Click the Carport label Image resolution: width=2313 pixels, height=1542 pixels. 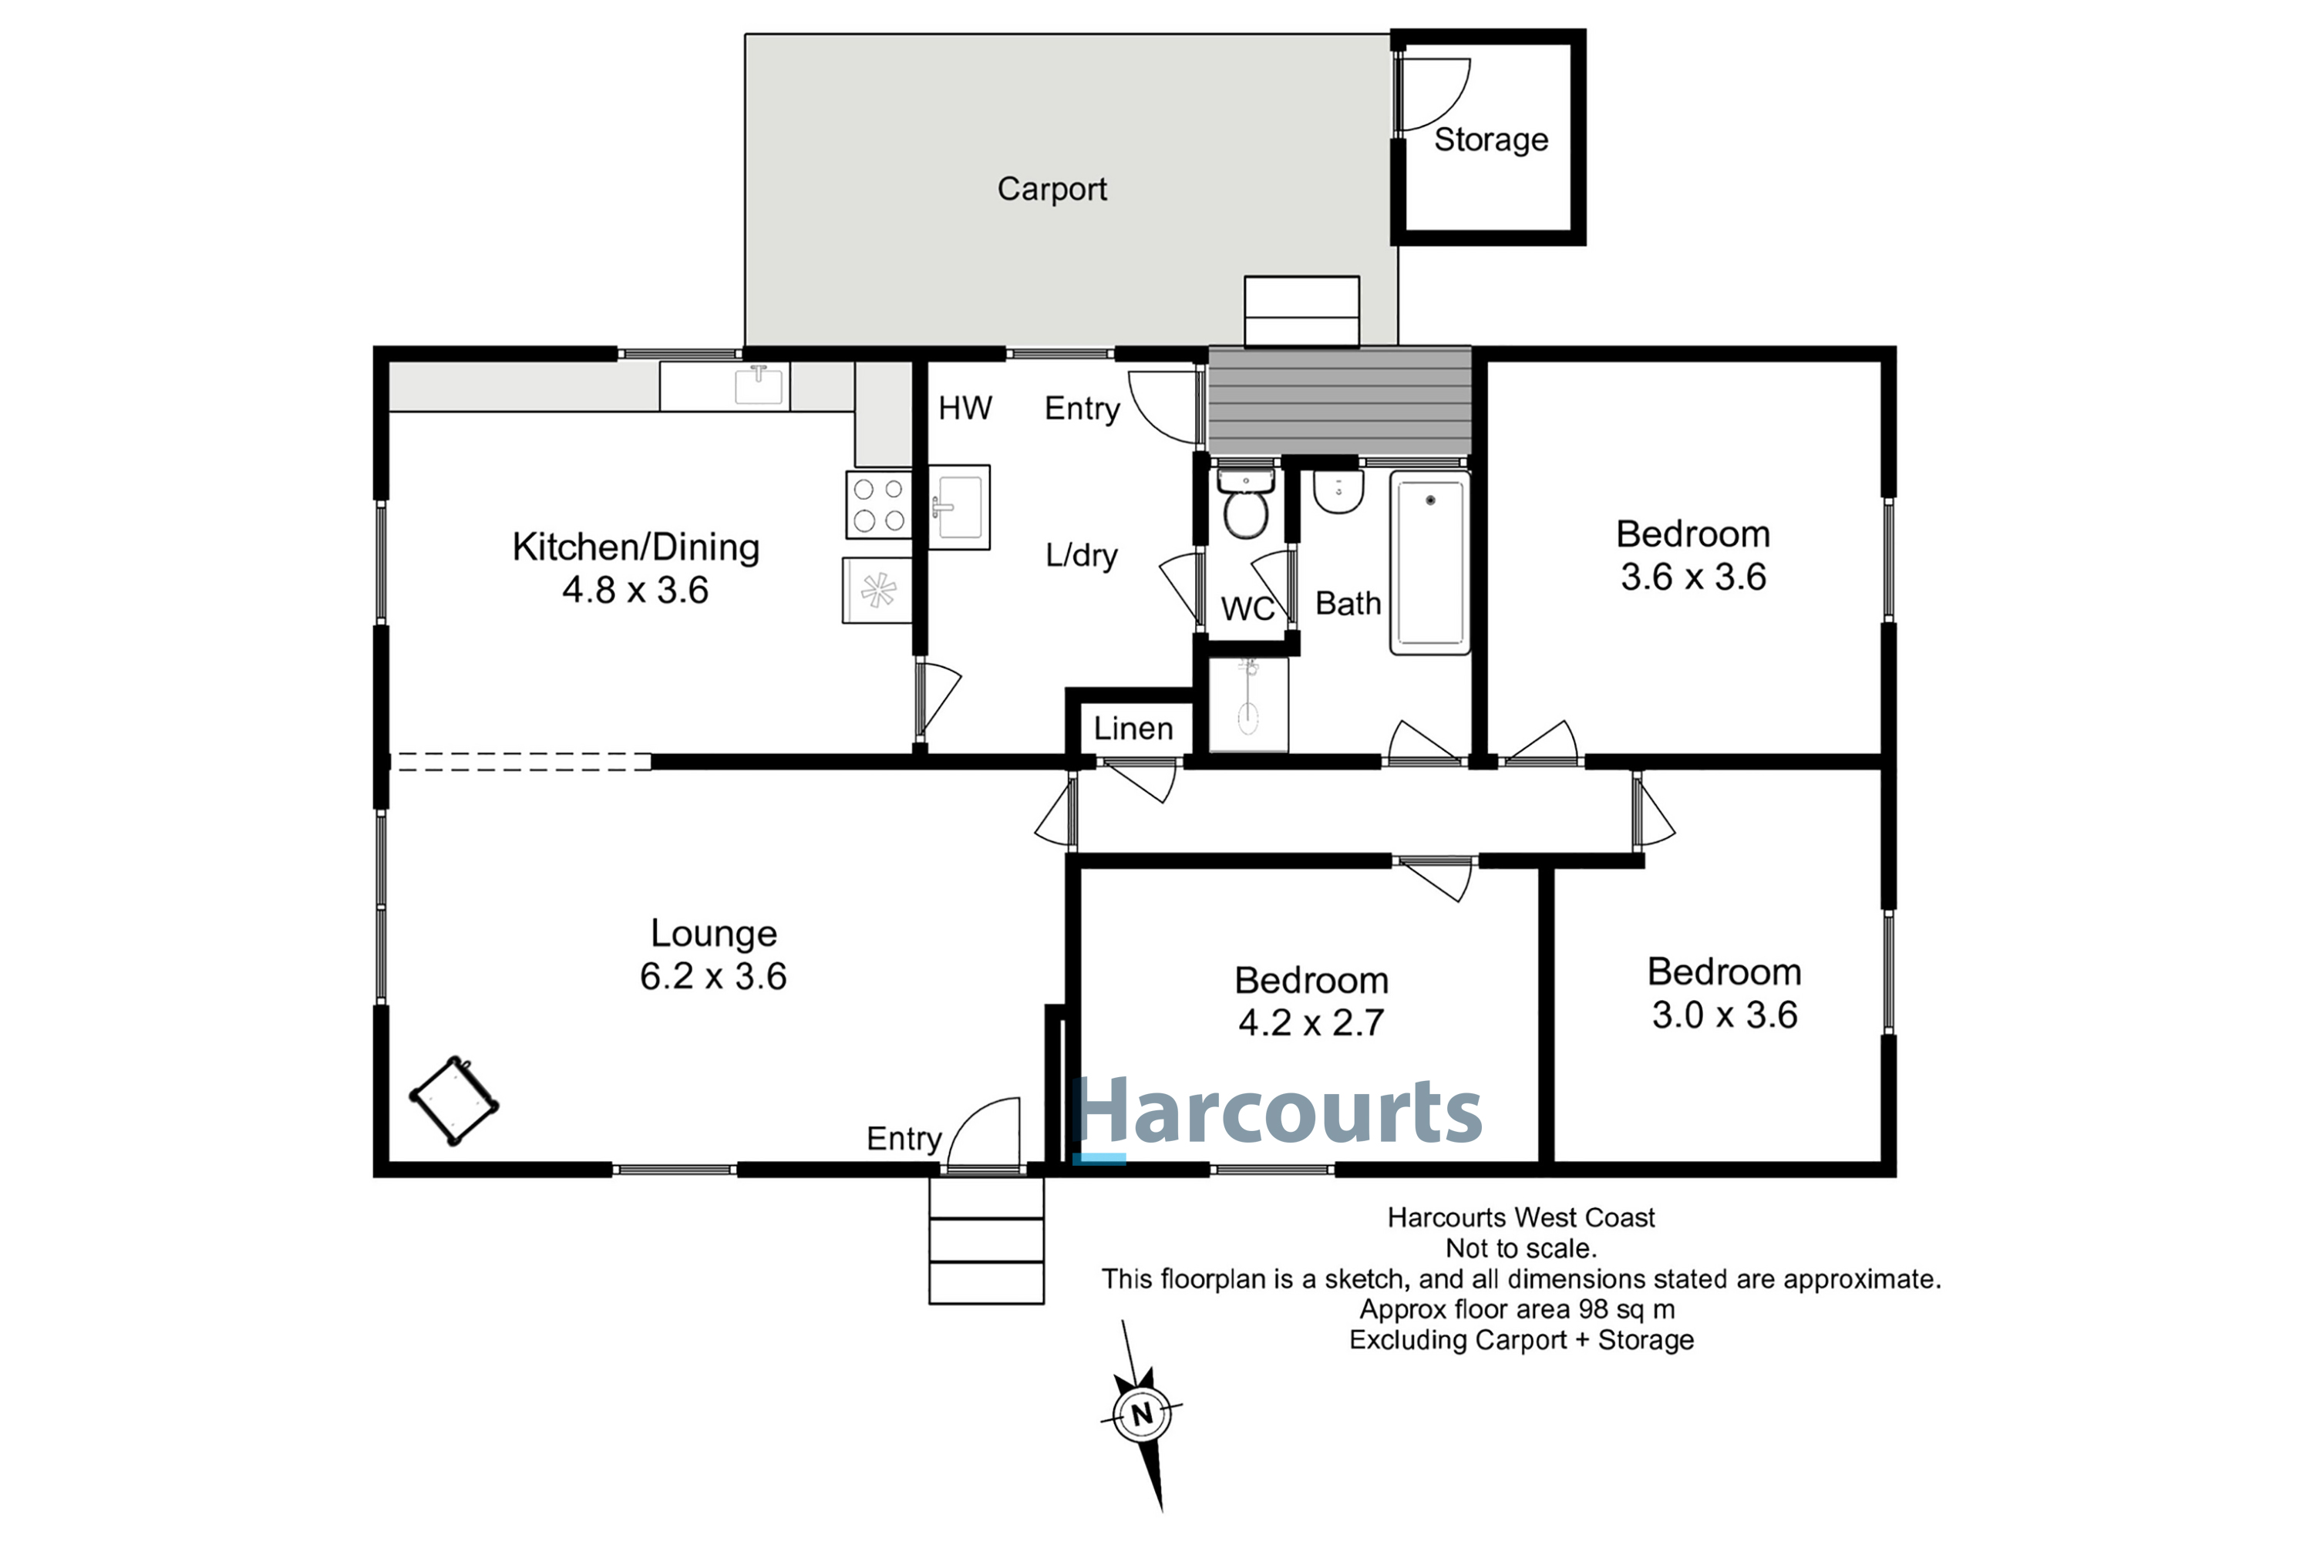click(1052, 189)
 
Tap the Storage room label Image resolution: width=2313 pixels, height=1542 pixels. click(1491, 140)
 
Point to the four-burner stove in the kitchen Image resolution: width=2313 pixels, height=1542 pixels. click(879, 504)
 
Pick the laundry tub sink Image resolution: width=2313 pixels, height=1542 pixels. click(959, 507)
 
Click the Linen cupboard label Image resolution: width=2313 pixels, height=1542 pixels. click(1133, 729)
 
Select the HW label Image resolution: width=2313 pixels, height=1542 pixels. click(965, 408)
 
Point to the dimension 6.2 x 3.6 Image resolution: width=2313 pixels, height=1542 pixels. click(713, 977)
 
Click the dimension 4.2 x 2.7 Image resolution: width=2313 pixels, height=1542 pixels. click(1311, 1023)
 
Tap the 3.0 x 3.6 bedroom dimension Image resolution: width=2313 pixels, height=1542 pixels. click(1724, 1015)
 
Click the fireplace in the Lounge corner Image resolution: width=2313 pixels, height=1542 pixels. click(453, 1100)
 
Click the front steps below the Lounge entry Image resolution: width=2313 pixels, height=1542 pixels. click(986, 1240)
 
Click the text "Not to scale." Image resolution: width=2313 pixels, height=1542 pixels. click(1520, 1249)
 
